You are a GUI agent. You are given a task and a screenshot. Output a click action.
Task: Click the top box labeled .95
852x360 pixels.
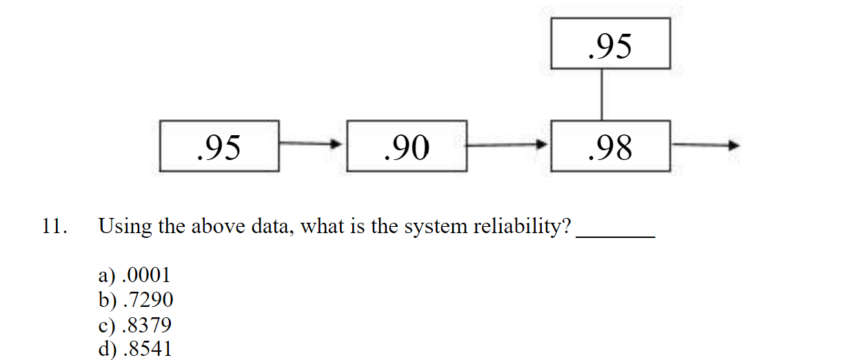coord(611,43)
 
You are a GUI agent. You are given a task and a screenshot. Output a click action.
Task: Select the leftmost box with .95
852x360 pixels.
coord(219,146)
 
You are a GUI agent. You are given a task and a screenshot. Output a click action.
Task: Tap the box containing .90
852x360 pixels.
coord(407,146)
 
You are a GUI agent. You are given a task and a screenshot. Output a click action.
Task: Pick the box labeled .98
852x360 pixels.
coord(611,146)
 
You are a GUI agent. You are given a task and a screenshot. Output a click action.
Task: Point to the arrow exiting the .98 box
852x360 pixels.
coord(704,145)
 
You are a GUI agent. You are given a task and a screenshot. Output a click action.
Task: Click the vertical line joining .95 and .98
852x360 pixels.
coord(603,94)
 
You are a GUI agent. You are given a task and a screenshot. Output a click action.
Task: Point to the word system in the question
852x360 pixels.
coord(434,227)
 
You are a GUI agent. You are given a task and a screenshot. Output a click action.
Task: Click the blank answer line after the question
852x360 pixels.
coord(615,234)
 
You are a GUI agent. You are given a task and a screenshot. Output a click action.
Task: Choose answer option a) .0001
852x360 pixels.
coord(134,276)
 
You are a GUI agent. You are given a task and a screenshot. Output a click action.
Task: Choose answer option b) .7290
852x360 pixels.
coord(135,300)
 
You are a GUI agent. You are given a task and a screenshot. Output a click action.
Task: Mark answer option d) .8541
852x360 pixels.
coord(135,348)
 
